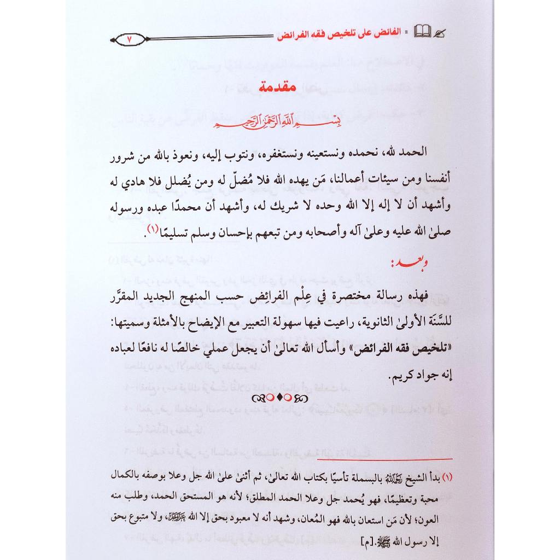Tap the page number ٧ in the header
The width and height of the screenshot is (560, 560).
(129, 39)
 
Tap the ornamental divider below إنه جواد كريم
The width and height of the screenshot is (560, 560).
(281, 396)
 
